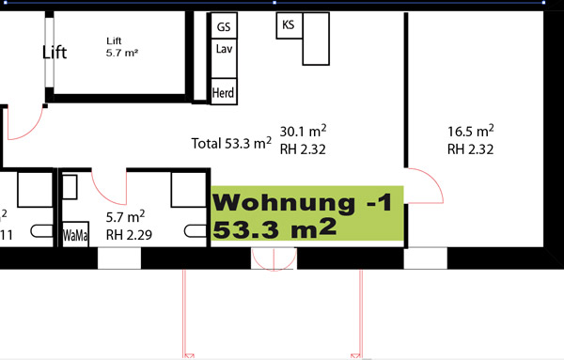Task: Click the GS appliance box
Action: click(x=224, y=25)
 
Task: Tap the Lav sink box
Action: click(x=224, y=58)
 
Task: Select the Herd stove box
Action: click(x=224, y=92)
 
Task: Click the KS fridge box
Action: click(x=290, y=25)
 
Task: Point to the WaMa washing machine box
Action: click(x=75, y=234)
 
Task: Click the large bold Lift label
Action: click(x=55, y=53)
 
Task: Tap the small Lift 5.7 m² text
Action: click(x=122, y=47)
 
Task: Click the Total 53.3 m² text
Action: click(x=231, y=143)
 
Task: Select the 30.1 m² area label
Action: click(x=303, y=131)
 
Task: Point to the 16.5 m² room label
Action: click(x=471, y=131)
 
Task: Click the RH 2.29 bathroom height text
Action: click(x=129, y=235)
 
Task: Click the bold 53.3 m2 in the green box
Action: click(x=274, y=228)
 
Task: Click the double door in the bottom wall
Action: click(x=274, y=258)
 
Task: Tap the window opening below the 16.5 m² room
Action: click(x=426, y=258)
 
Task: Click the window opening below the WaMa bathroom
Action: click(x=119, y=258)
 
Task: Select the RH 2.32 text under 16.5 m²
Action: click(x=471, y=149)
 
